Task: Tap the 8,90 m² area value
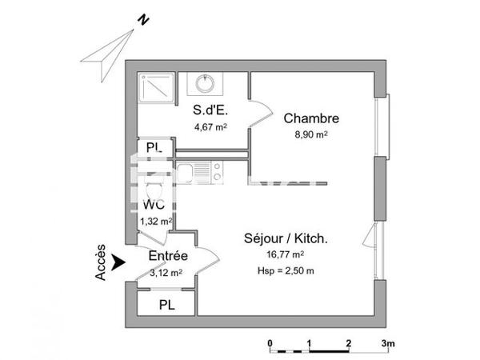pyautogui.click(x=311, y=134)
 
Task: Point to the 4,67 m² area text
pyautogui.click(x=210, y=126)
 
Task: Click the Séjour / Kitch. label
pyautogui.click(x=286, y=238)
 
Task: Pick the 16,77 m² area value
pyautogui.click(x=286, y=254)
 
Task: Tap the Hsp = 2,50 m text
pyautogui.click(x=286, y=270)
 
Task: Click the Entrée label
pyautogui.click(x=168, y=257)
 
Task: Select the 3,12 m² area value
pyautogui.click(x=166, y=272)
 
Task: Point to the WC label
pyautogui.click(x=154, y=204)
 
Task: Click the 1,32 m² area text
pyautogui.click(x=155, y=222)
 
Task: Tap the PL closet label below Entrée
pyautogui.click(x=166, y=304)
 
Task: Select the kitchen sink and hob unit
pyautogui.click(x=200, y=170)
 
